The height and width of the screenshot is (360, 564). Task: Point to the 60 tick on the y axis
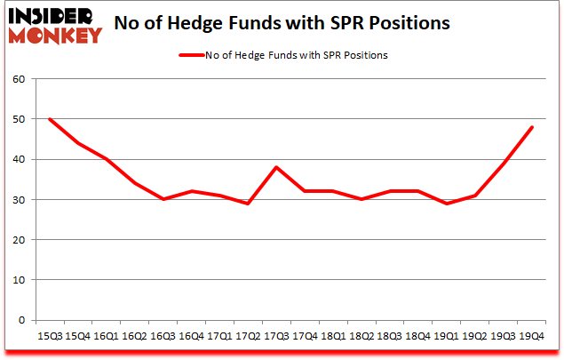click(20, 79)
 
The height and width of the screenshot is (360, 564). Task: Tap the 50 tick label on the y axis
click(20, 119)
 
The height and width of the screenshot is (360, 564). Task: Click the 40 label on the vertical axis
click(20, 160)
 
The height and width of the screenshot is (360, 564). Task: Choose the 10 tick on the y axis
click(20, 280)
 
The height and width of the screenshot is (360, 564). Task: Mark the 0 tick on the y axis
click(23, 320)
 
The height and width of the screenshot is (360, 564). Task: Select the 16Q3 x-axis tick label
click(163, 337)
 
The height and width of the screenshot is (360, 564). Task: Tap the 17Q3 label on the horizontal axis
click(277, 337)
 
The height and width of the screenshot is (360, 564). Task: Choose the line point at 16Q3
click(163, 199)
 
